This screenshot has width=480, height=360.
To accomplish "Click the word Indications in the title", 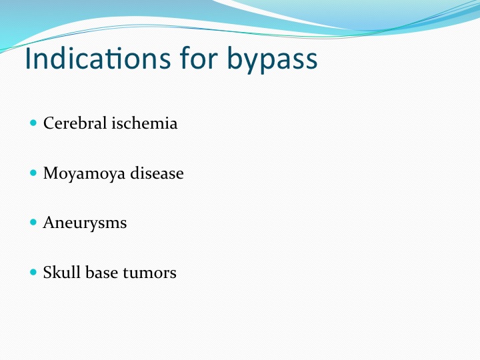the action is (x=97, y=58).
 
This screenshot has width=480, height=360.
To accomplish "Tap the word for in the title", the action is (x=199, y=57).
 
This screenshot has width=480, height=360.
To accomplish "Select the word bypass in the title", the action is (x=273, y=59).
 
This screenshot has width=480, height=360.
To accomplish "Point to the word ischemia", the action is (x=145, y=123).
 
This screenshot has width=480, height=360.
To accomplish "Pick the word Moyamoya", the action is (x=84, y=174).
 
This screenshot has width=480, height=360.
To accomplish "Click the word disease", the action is (x=157, y=173).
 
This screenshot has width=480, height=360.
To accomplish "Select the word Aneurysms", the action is (x=85, y=223).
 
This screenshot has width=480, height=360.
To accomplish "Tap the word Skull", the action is (x=62, y=272).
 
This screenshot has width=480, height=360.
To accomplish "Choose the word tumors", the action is (x=149, y=273).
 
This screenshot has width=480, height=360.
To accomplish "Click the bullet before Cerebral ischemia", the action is (x=33, y=123).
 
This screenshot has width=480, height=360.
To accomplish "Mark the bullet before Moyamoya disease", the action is (x=33, y=173).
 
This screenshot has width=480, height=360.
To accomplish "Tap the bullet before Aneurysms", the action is (x=33, y=223).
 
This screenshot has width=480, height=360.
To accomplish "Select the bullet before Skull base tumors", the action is (x=33, y=272).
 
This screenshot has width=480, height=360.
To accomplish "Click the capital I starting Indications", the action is (x=27, y=58).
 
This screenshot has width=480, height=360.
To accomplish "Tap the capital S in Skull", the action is (x=48, y=272).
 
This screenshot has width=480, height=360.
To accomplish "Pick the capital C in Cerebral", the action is (x=49, y=123).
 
